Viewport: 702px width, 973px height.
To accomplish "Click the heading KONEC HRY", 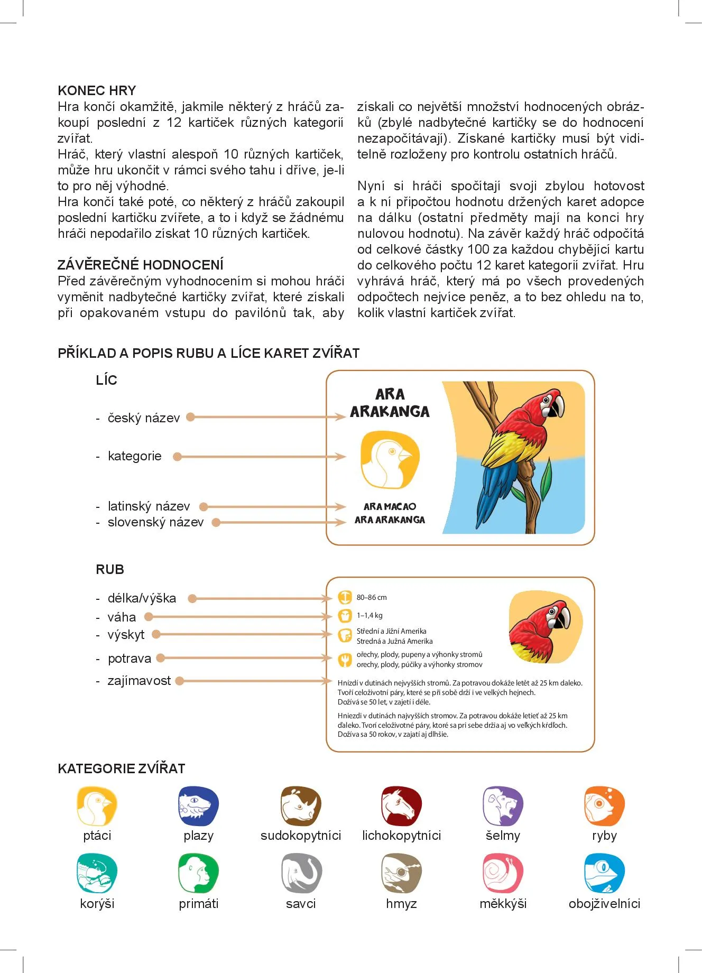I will [x=97, y=90].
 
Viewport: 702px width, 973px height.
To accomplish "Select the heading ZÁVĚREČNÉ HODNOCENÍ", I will [x=140, y=265].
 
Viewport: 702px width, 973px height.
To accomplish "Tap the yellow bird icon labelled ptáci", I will [x=97, y=806].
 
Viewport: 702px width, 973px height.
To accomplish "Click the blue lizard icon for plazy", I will [x=198, y=806].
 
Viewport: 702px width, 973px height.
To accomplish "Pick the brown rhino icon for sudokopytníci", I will [x=301, y=806].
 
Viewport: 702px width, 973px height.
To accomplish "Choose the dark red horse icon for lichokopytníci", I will [x=401, y=806].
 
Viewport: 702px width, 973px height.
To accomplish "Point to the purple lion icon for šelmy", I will [x=503, y=806].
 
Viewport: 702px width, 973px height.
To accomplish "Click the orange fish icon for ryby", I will [x=604, y=806].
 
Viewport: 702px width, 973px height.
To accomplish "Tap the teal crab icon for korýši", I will [x=97, y=873].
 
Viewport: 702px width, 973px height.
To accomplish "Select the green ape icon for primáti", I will [x=198, y=873].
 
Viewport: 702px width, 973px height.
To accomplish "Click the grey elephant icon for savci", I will [x=301, y=873].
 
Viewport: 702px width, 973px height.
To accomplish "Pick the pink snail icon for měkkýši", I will [x=503, y=873].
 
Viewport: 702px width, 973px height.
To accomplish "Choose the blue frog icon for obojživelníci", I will [x=604, y=873].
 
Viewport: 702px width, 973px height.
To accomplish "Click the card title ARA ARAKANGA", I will [x=390, y=403].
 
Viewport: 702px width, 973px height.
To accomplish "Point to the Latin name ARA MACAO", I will [x=390, y=506].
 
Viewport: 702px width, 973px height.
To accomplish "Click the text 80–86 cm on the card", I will [x=372, y=598].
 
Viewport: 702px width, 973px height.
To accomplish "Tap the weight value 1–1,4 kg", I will [x=370, y=616].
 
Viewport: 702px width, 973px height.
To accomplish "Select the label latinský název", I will [x=149, y=506].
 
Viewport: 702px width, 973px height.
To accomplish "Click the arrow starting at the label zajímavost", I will [x=254, y=681].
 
